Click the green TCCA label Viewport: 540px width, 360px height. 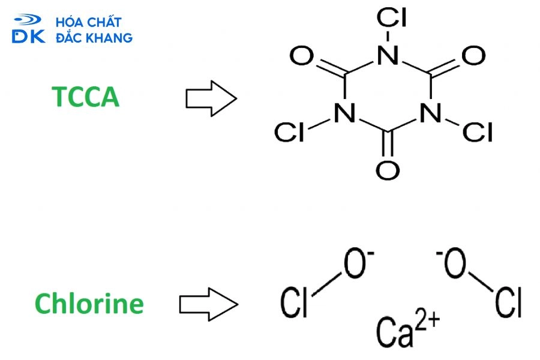point(85,97)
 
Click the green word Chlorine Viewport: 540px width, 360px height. point(89,303)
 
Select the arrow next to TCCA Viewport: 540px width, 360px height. point(211,98)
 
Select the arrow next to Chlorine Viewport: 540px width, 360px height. point(208,305)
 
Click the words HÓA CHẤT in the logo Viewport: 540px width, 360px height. point(89,22)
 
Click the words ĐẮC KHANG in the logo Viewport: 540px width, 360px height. point(94,37)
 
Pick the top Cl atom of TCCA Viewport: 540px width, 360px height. point(392,17)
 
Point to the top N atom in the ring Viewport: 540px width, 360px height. point(388,55)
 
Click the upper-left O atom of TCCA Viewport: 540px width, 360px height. point(302,55)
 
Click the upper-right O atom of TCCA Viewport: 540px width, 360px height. point(473,55)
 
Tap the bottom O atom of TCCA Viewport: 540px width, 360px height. point(388,170)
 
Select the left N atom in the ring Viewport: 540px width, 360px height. point(345,113)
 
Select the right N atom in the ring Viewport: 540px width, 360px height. point(431,113)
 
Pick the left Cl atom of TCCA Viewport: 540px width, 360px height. point(289,132)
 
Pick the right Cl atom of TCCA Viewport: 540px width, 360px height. point(478,132)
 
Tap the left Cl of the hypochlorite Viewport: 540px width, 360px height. point(294,302)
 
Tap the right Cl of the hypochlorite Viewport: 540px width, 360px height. point(509,302)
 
